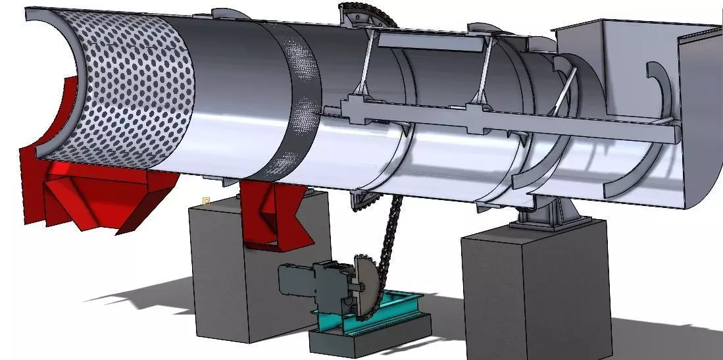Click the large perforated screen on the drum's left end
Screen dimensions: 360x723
click(132, 92)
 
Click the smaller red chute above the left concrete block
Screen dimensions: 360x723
click(273, 211)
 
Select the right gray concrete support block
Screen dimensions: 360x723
click(533, 290)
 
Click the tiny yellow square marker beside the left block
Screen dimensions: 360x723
click(206, 199)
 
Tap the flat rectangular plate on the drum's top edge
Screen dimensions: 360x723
click(431, 42)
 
